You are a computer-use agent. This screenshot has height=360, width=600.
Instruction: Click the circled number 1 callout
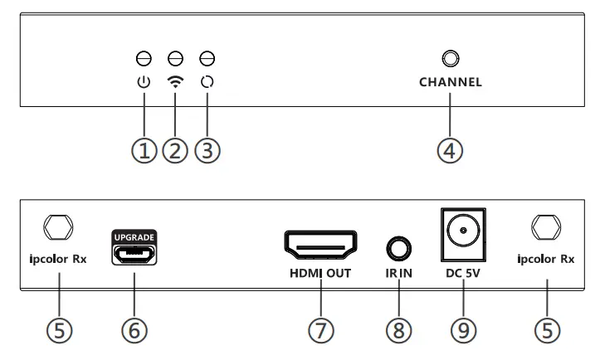pos(144,151)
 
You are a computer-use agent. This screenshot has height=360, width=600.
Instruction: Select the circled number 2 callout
pos(174,151)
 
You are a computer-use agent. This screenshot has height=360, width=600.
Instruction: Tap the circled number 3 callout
pos(207,151)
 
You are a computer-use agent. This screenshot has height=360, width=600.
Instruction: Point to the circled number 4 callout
pos(450,151)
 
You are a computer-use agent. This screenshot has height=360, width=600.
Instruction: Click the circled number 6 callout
pos(135,329)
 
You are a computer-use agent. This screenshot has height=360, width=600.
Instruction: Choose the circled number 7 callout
pos(321,329)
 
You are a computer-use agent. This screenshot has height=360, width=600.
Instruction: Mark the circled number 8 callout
pos(399,329)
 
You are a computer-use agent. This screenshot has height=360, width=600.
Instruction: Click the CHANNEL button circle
pos(450,59)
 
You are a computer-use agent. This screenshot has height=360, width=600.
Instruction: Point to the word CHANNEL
pos(450,83)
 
